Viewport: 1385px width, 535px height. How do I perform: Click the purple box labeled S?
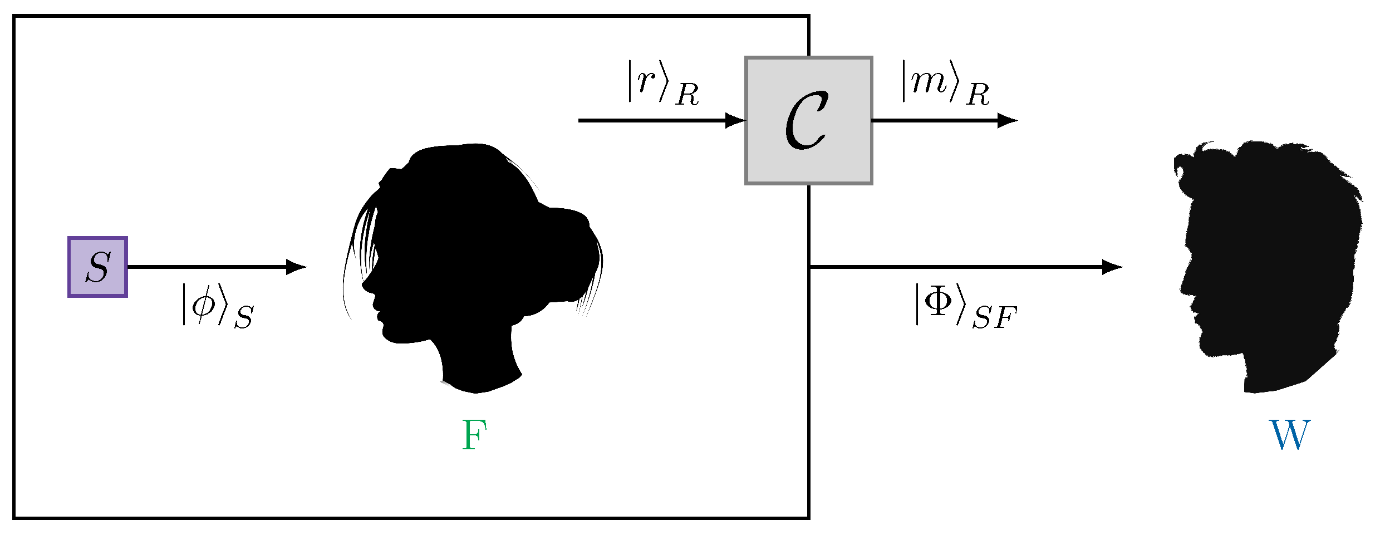tap(97, 267)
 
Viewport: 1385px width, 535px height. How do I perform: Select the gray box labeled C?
tap(808, 120)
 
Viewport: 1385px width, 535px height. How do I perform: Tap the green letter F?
tap(474, 435)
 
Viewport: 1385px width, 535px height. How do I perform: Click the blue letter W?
tap(1289, 435)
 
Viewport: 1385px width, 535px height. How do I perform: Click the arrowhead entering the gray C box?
tap(736, 120)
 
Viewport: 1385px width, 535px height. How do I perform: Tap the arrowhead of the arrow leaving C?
tap(1008, 120)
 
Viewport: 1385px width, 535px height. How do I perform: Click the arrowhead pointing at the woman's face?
tap(296, 267)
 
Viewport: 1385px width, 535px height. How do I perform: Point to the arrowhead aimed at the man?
tap(1112, 267)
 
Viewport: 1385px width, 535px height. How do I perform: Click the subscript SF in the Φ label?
tap(995, 319)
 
